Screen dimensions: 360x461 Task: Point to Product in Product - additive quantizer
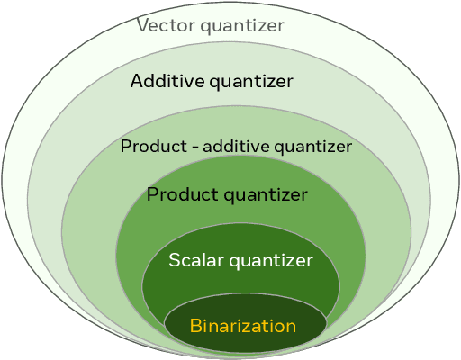pyautogui.click(x=149, y=146)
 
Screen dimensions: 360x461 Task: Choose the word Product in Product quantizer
pyautogui.click(x=181, y=194)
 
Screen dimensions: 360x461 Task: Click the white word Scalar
pyautogui.click(x=195, y=261)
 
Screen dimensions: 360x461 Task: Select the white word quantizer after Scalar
pyautogui.click(x=270, y=262)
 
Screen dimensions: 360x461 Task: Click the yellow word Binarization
pyautogui.click(x=242, y=326)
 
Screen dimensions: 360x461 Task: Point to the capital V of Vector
pyautogui.click(x=142, y=24)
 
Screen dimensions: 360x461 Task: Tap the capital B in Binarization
pyautogui.click(x=194, y=326)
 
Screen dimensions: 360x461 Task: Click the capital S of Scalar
pyautogui.click(x=174, y=261)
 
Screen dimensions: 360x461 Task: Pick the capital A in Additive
pyautogui.click(x=137, y=82)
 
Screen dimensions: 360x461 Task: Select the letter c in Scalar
pyautogui.click(x=185, y=262)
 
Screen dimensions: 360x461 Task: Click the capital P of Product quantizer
pyautogui.click(x=152, y=194)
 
